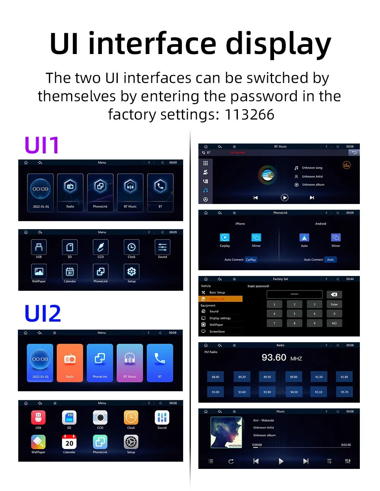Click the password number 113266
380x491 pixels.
(x=249, y=115)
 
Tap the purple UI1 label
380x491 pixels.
(x=42, y=145)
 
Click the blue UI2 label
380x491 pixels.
(x=43, y=314)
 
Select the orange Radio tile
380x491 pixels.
(x=70, y=362)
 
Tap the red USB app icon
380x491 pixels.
(x=38, y=418)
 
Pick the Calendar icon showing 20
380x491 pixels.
(x=69, y=442)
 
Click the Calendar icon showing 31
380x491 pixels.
(x=70, y=271)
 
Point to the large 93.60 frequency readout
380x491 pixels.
(x=274, y=358)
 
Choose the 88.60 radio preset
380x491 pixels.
(x=215, y=377)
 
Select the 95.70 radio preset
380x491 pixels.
(x=344, y=392)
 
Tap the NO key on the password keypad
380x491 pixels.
(x=334, y=323)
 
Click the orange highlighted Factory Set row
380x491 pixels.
(x=220, y=299)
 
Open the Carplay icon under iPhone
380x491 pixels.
(x=225, y=238)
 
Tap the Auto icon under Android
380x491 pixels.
(x=304, y=238)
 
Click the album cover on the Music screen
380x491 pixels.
(x=226, y=432)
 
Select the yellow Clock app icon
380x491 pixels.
(x=131, y=418)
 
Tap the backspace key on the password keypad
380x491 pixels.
(x=334, y=295)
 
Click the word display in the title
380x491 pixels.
(x=279, y=44)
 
